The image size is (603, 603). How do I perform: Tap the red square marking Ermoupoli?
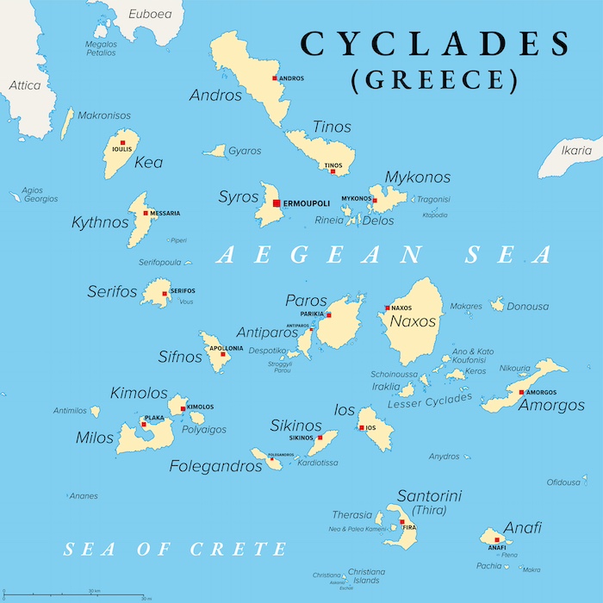click(276, 203)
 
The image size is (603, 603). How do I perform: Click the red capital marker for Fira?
click(401, 522)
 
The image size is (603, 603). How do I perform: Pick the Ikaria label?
click(576, 151)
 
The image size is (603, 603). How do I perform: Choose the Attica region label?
click(25, 85)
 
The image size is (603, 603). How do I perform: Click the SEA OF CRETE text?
click(176, 549)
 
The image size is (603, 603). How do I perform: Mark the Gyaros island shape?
click(214, 152)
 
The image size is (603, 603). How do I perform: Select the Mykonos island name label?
click(417, 177)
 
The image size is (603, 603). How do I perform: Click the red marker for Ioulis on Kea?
click(123, 142)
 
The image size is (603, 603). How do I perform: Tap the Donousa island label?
click(527, 306)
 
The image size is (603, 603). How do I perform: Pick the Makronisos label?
click(104, 115)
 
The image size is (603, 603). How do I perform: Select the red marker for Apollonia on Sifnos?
click(223, 354)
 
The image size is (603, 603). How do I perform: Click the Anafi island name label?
click(523, 528)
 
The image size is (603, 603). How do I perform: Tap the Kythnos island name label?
click(100, 222)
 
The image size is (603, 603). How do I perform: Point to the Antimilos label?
click(71, 411)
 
